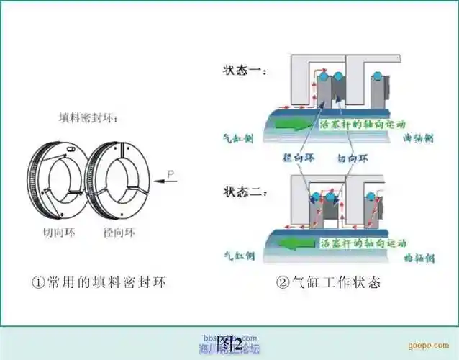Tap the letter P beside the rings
[171, 173]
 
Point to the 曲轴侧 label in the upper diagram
[419, 137]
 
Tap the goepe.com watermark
[438, 346]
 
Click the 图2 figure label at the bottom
[229, 340]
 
